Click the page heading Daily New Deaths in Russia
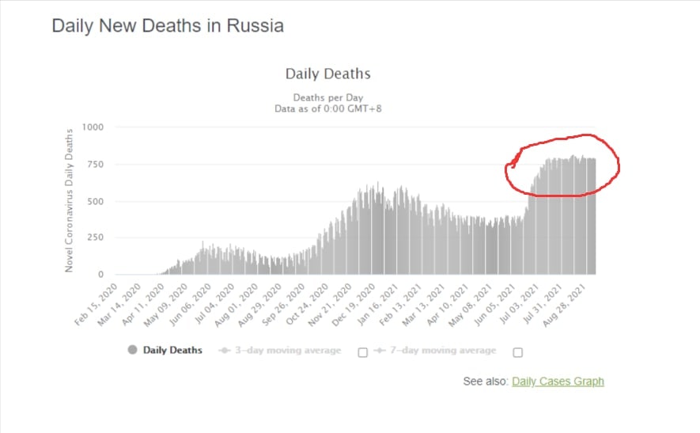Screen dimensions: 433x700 (x=168, y=25)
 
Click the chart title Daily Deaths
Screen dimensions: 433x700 (x=327, y=74)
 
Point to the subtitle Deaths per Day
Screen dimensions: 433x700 (x=327, y=97)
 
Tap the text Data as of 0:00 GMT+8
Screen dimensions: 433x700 (x=327, y=109)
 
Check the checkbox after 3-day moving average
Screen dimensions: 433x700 (x=363, y=352)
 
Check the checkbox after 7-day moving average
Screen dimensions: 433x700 (x=518, y=352)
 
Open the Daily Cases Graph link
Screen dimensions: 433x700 (x=558, y=382)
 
